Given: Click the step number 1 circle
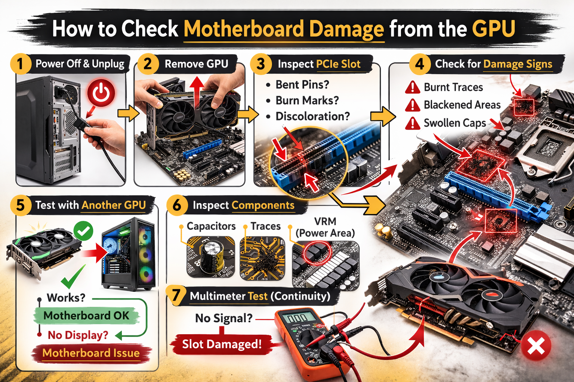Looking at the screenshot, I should (20, 64).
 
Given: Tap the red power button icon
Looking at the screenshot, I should (101, 93).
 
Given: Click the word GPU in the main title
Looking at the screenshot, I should (494, 29).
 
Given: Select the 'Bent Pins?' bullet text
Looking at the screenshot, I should (302, 85).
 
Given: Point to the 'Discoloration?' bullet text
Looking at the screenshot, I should (312, 116).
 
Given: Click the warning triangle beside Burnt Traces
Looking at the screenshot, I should (413, 88).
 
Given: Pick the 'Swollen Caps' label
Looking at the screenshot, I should (454, 123).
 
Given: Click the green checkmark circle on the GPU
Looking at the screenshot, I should (83, 231).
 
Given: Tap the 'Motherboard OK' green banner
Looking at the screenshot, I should (86, 316).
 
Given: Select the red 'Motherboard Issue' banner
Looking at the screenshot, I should (91, 353).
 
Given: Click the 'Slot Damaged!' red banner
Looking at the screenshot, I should (222, 344).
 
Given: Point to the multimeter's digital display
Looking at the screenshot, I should (298, 318).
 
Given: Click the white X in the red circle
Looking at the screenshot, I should (536, 345).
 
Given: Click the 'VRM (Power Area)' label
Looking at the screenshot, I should (325, 227).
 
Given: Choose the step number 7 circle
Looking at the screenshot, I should (176, 295).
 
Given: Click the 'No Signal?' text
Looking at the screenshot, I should (223, 318).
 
